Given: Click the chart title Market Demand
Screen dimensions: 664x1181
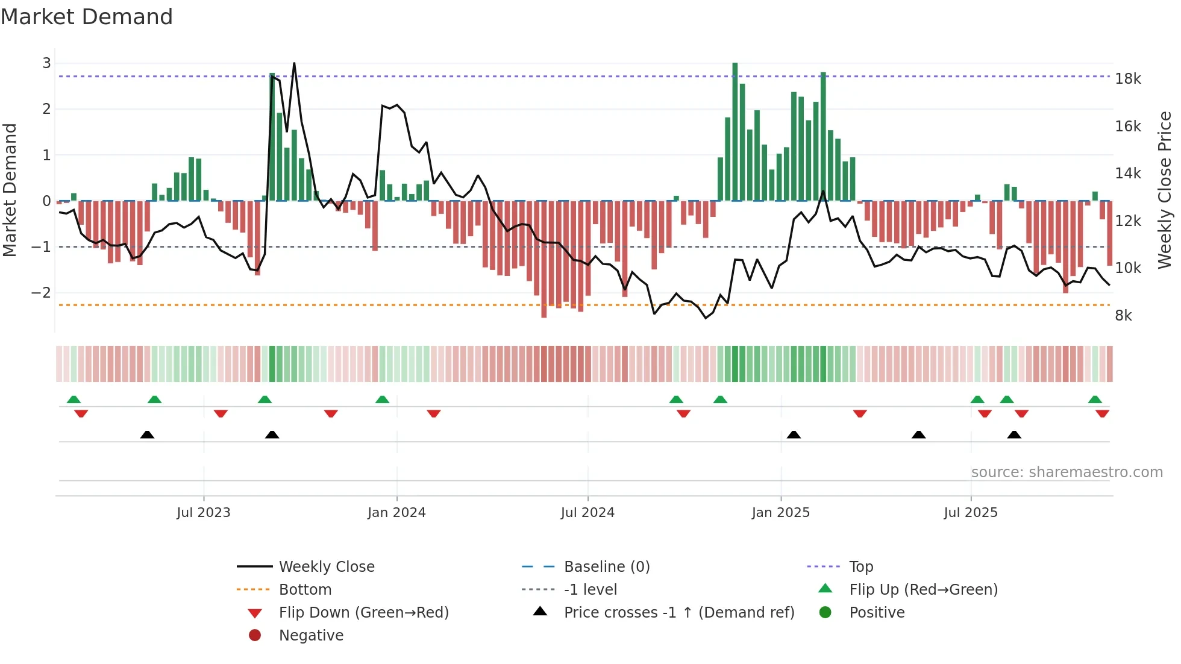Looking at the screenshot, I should (87, 17).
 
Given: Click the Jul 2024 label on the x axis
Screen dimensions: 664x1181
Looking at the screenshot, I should (587, 513).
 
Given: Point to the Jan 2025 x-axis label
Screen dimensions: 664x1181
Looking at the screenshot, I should (780, 513).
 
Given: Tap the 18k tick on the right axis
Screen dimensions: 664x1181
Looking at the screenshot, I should (1128, 79).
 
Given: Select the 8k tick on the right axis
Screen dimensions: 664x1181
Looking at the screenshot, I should (1123, 316).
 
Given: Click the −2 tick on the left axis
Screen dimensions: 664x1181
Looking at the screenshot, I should (41, 293).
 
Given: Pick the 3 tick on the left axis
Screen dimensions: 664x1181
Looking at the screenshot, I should (46, 63).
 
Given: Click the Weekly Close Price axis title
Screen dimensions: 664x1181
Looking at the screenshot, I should (1165, 190).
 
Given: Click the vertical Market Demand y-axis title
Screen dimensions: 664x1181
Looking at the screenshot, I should (10, 190).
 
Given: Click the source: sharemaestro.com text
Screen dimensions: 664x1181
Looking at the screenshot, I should (1067, 472).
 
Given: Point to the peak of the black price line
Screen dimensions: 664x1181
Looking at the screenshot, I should (294, 63).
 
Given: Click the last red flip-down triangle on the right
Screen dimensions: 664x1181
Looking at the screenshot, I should (1102, 413).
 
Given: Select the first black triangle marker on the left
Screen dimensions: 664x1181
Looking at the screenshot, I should (147, 434).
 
